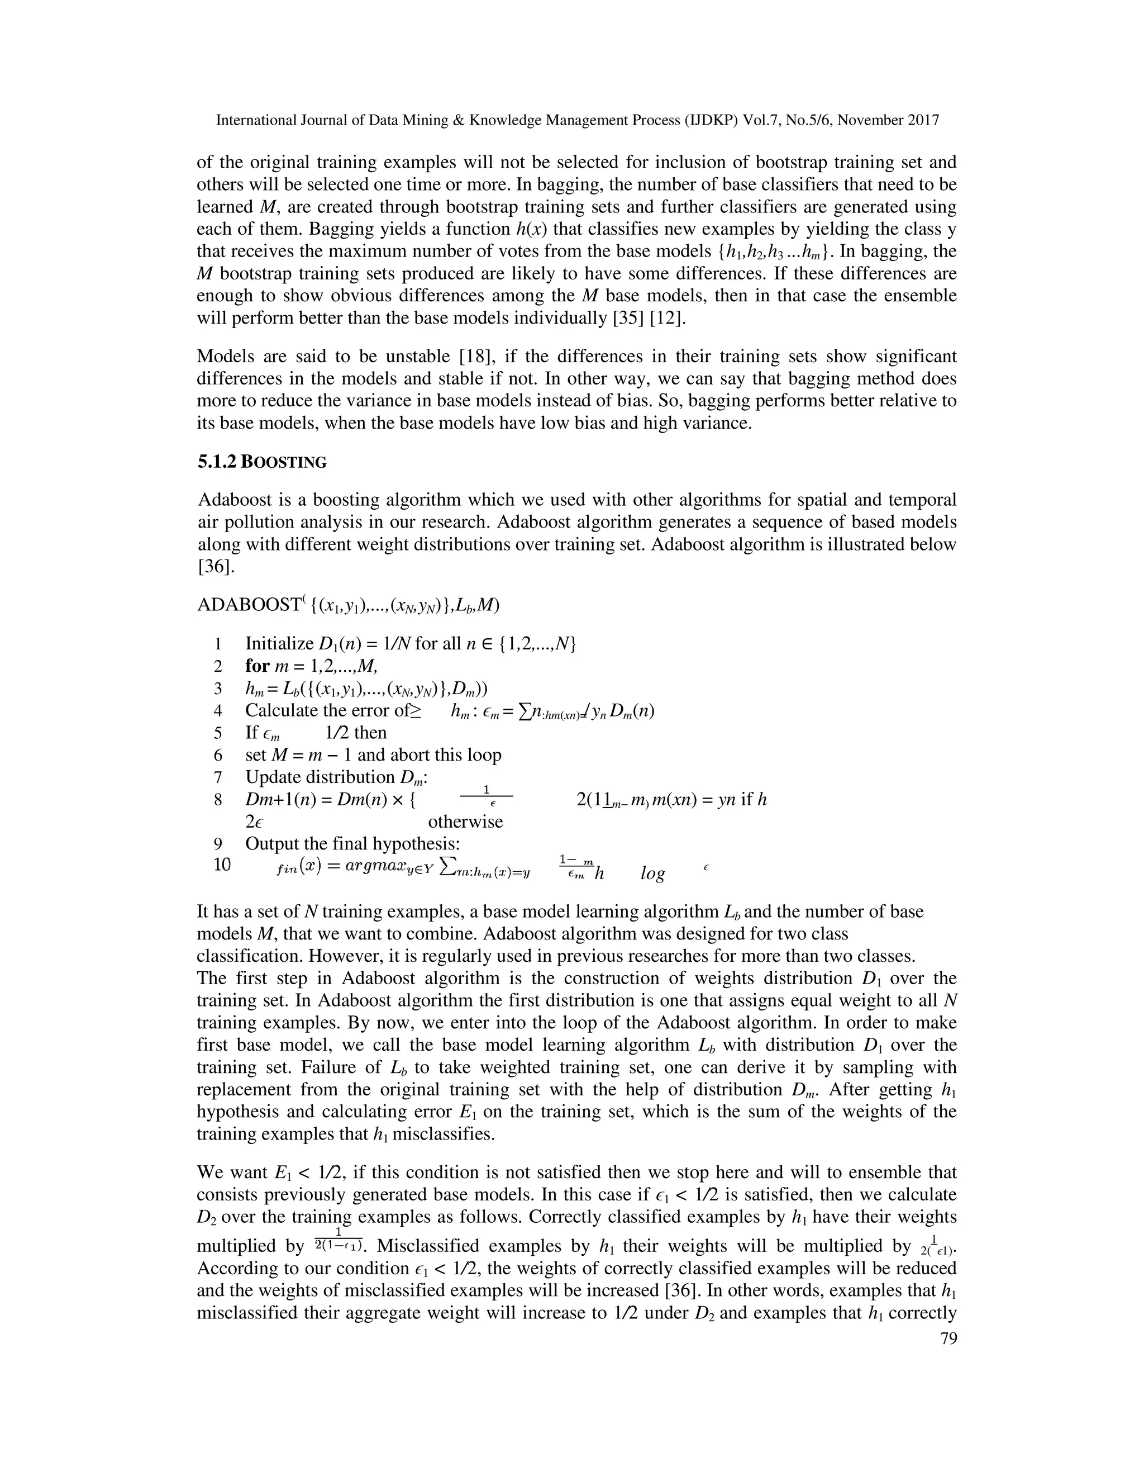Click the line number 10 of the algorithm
pyautogui.click(x=222, y=865)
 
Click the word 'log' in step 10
pyautogui.click(x=652, y=874)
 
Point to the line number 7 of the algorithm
pyautogui.click(x=218, y=777)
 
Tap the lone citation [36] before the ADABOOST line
pyautogui.click(x=216, y=566)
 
